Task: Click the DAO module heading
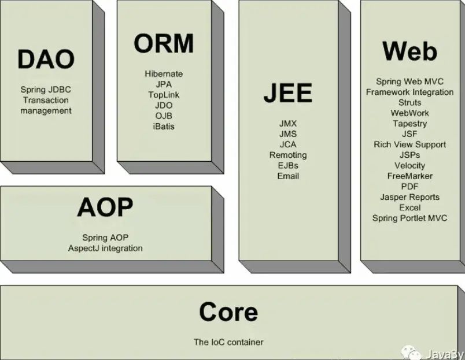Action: point(46,60)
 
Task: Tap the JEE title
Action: point(287,93)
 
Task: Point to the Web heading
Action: point(409,51)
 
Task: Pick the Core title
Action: point(228,313)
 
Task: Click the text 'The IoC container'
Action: point(228,342)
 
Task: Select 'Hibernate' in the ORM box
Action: point(164,74)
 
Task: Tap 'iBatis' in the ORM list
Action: point(164,126)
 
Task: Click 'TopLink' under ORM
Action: point(164,95)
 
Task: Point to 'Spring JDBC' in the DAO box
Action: point(46,90)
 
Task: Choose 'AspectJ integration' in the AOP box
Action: point(105,248)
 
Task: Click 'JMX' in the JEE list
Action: point(287,124)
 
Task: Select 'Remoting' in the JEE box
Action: point(287,155)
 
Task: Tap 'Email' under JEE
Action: point(287,176)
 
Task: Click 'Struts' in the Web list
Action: point(409,102)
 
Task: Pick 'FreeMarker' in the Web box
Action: point(409,176)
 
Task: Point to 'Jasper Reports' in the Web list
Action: point(409,197)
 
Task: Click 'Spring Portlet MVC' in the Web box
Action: point(409,218)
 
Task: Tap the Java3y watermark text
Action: point(443,353)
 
